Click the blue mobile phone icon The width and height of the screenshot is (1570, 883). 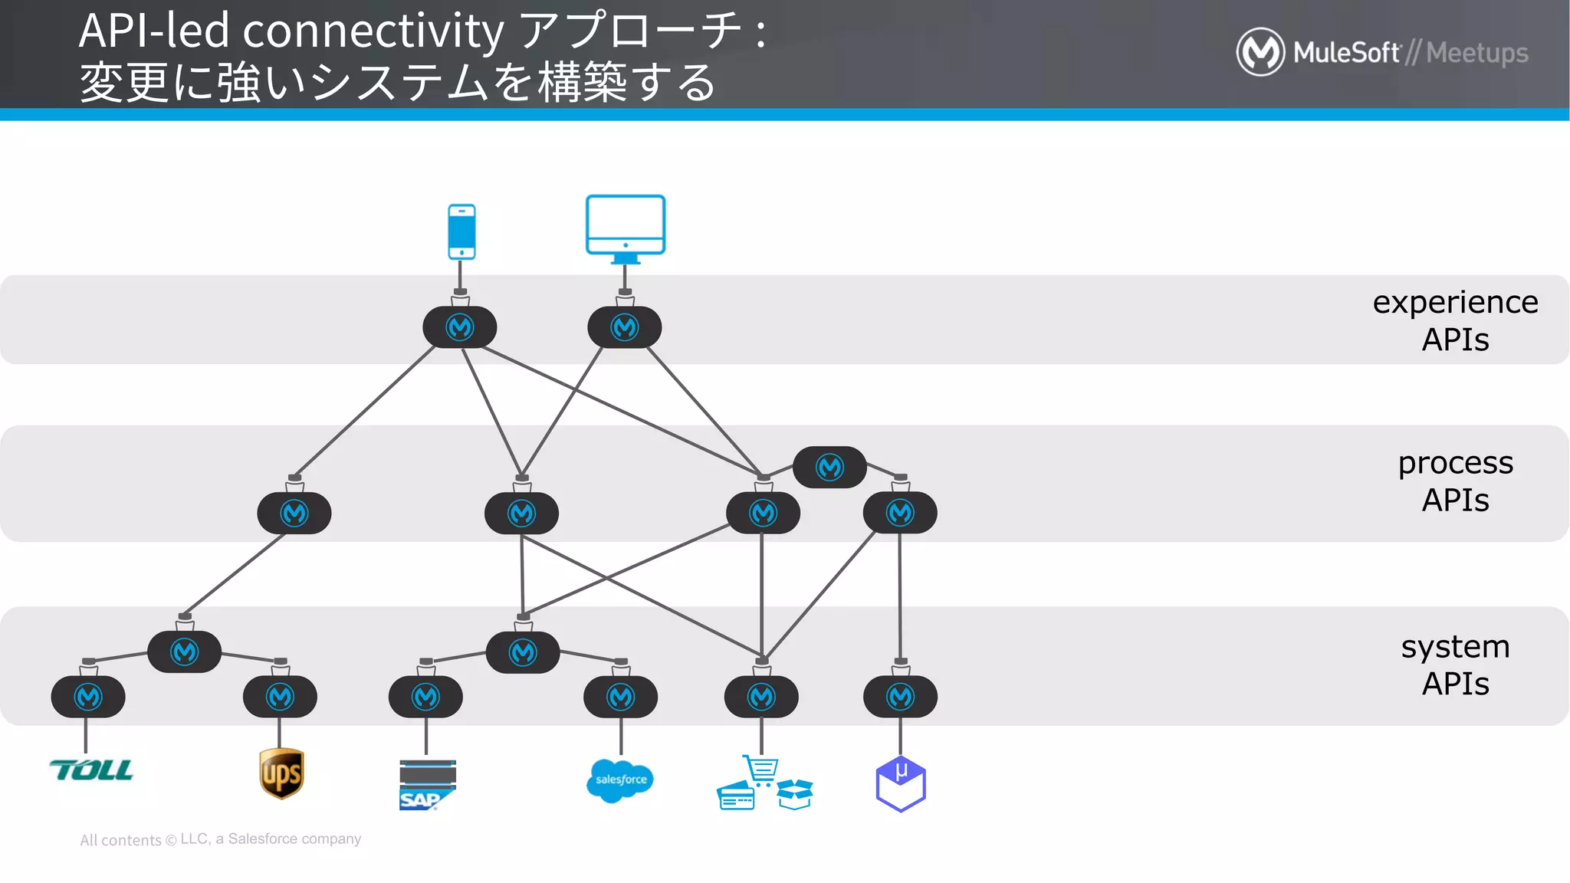pos(461,231)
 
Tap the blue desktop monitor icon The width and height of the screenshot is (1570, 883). pos(626,226)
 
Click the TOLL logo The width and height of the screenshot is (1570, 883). pos(91,770)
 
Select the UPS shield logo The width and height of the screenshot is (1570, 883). pos(281,773)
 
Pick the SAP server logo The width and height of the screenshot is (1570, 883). pos(427,784)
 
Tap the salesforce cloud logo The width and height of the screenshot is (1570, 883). pos(619,780)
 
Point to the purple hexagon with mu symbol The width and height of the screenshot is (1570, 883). pos(901,783)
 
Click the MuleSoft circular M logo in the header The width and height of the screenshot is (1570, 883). pos(1260,52)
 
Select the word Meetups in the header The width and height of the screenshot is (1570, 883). pos(1477,53)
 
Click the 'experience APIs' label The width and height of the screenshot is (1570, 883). pos(1455,320)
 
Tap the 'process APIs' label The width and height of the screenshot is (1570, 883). pos(1455,481)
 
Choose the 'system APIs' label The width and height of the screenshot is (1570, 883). pos(1455,665)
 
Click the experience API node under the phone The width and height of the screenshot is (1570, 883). pos(460,327)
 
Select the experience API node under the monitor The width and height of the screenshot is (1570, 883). pos(625,327)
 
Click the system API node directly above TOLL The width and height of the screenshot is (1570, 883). pos(88,697)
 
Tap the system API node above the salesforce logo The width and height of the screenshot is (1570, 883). pos(620,697)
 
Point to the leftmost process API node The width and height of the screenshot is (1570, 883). pos(294,513)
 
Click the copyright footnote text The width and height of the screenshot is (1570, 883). pos(221,839)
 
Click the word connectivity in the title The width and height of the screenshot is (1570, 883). pos(373,31)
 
